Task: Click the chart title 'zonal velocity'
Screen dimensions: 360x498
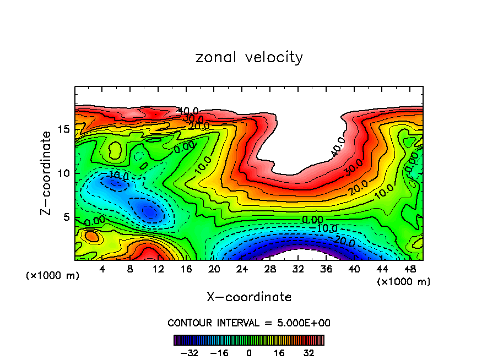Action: pos(249,57)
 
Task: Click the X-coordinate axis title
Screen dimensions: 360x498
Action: pos(249,297)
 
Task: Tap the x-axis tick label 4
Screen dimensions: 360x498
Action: pos(102,270)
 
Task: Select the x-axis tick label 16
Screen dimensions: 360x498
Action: pos(186,270)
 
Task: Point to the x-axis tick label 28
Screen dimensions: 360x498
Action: pos(270,270)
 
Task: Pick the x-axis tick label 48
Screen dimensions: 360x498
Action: pos(410,270)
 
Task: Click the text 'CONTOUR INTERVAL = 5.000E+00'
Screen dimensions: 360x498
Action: pos(249,323)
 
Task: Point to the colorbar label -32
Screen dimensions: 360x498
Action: pos(189,352)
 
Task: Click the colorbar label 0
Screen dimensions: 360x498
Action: pos(249,352)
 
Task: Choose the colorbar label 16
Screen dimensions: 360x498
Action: pos(279,352)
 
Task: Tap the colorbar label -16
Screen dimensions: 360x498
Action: pos(219,352)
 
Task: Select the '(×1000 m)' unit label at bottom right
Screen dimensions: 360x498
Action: pos(404,282)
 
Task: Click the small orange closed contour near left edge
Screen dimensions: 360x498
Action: pos(91,237)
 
